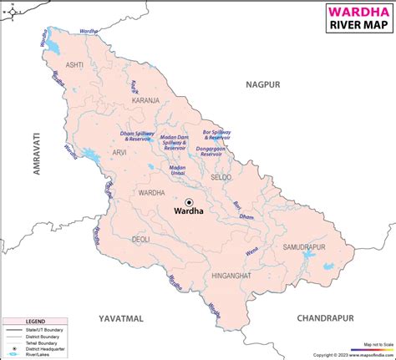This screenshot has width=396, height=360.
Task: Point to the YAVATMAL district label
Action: tap(121, 318)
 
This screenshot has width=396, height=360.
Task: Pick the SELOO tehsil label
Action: tap(221, 178)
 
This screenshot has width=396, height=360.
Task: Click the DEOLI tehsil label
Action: tap(141, 240)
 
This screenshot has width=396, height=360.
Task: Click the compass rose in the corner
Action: tap(11, 10)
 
